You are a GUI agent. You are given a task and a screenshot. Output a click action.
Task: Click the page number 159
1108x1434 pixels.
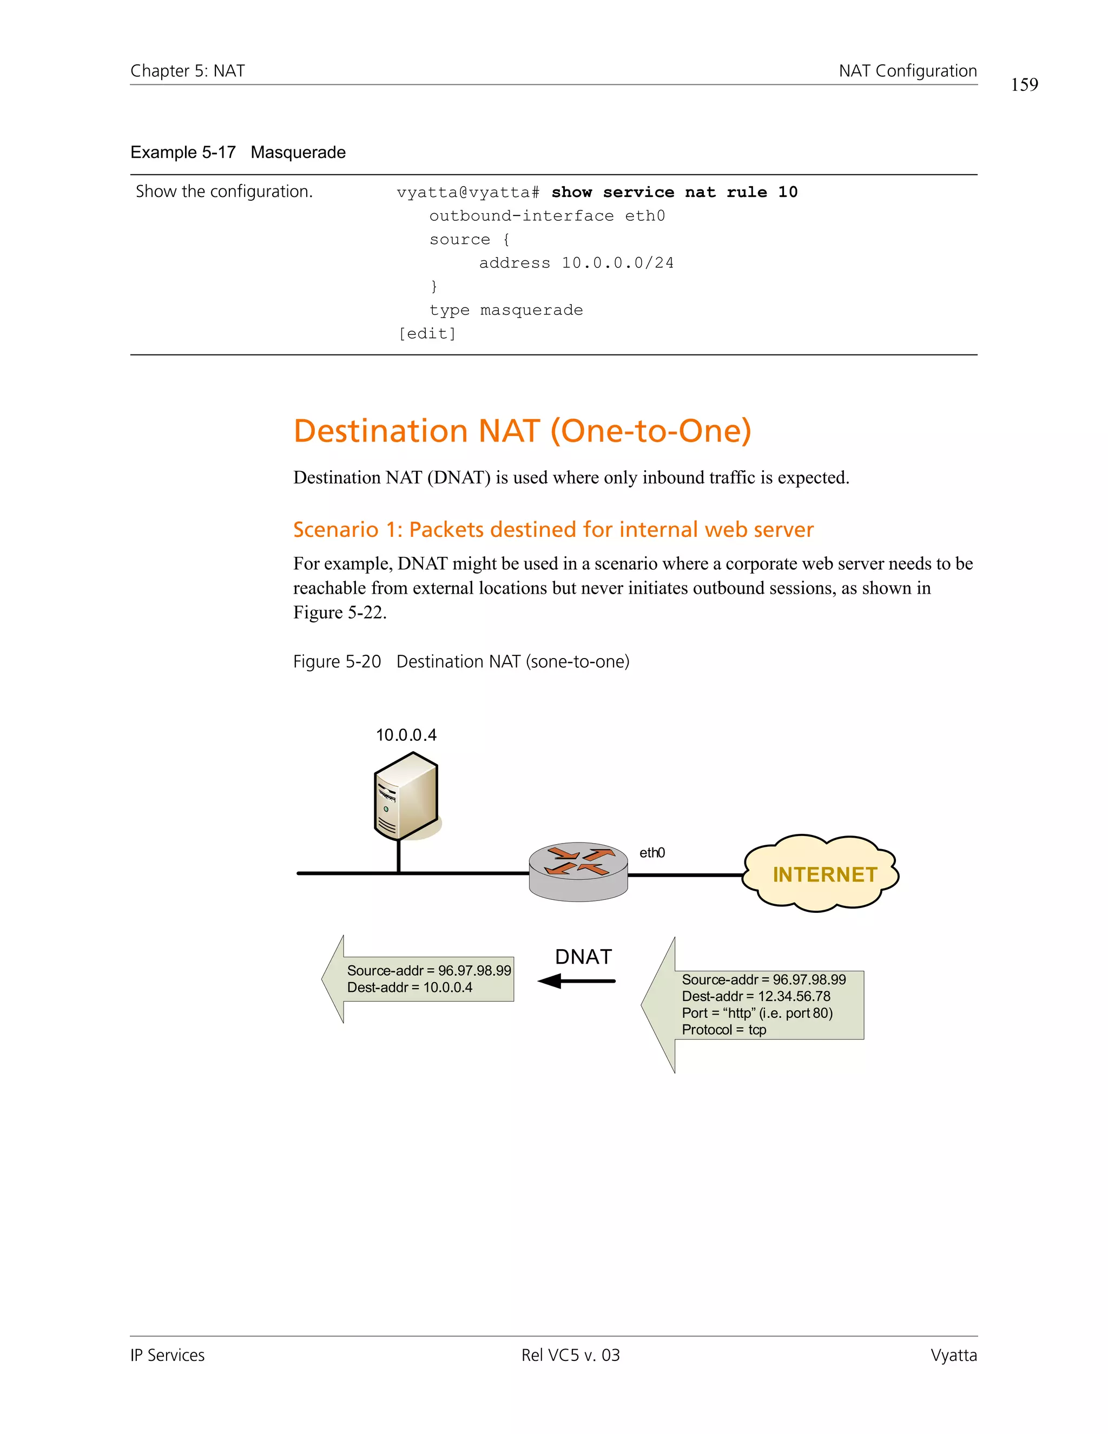pos(1024,85)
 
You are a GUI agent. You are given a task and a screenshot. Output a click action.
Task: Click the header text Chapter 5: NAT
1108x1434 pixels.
pos(188,71)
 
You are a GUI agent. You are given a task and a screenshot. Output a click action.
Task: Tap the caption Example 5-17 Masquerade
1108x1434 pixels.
pos(238,153)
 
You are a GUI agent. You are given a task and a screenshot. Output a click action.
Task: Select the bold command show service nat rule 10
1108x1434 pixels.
pos(674,193)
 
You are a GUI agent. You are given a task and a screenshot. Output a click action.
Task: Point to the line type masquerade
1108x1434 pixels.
pos(506,310)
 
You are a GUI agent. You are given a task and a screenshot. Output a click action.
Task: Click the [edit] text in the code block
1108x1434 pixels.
pos(427,333)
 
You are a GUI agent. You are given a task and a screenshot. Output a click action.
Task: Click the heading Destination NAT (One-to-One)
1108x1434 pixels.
pos(522,431)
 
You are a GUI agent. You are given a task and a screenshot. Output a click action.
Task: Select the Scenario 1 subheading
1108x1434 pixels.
pos(553,529)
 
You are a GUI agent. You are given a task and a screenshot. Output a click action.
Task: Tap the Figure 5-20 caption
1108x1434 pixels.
pos(461,661)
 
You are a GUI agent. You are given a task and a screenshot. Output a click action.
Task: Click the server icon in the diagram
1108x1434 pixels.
pos(406,797)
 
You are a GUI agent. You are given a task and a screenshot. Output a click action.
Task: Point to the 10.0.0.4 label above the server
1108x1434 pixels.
pos(406,735)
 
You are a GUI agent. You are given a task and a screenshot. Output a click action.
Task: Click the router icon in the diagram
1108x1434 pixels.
pos(578,871)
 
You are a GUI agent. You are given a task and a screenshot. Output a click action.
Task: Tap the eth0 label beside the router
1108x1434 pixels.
pos(652,852)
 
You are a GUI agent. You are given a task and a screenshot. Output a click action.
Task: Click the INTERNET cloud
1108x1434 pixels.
pos(821,873)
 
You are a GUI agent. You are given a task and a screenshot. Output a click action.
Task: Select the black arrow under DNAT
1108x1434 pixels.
pos(576,981)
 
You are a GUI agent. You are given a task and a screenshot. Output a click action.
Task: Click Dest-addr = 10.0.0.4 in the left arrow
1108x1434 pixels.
pos(410,988)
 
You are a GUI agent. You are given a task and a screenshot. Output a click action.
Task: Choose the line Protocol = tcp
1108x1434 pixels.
pos(723,1030)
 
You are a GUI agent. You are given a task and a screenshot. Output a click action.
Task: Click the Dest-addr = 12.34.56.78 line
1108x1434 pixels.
pos(755,996)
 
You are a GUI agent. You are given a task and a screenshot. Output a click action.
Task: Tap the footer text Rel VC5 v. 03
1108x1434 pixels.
pos(570,1355)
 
